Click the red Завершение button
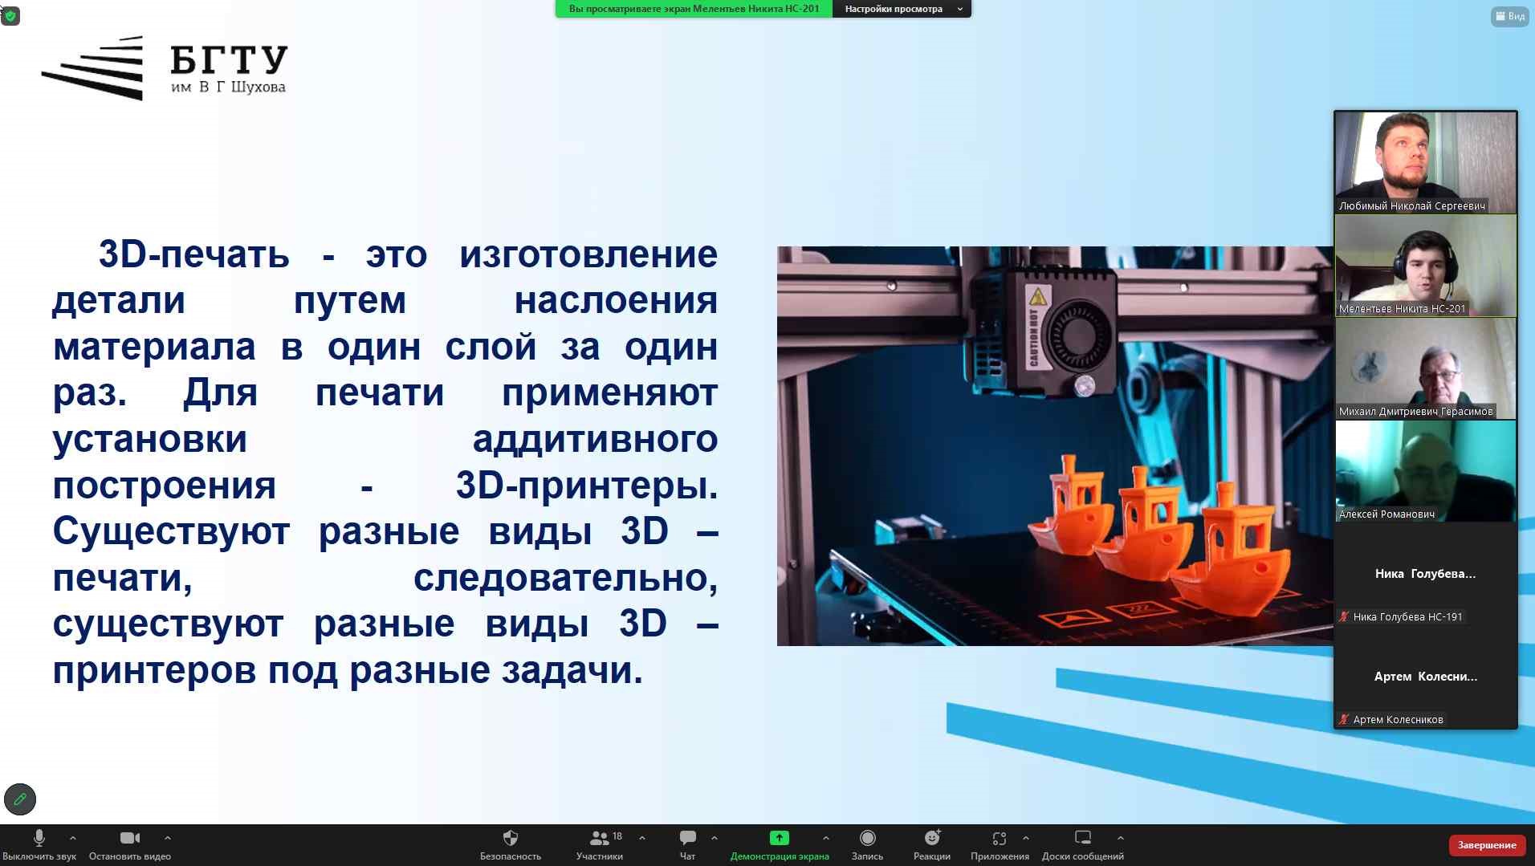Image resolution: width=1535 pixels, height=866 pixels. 1487,845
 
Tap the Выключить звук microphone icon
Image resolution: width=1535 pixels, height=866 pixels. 39,838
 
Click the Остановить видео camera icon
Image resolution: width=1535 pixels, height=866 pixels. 130,838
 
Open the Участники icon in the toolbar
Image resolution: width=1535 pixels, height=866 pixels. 599,838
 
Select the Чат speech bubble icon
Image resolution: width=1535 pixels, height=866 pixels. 688,838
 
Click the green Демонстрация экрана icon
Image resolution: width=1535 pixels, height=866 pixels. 779,838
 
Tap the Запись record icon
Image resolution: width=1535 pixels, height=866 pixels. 867,838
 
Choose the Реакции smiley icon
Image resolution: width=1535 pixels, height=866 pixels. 932,838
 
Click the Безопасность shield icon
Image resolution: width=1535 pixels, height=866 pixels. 510,838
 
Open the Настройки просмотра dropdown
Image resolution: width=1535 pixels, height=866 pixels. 902,9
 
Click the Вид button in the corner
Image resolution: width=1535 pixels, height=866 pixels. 1509,16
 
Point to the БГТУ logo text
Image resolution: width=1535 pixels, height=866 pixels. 229,60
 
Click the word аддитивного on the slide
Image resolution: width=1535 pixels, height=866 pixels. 595,440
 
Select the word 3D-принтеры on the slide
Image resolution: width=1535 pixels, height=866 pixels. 587,486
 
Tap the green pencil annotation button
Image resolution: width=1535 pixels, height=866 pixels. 20,799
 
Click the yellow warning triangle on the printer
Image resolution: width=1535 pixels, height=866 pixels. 1038,296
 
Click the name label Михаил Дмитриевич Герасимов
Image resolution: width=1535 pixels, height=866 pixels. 1415,412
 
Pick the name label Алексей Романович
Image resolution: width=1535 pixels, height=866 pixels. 1386,514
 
